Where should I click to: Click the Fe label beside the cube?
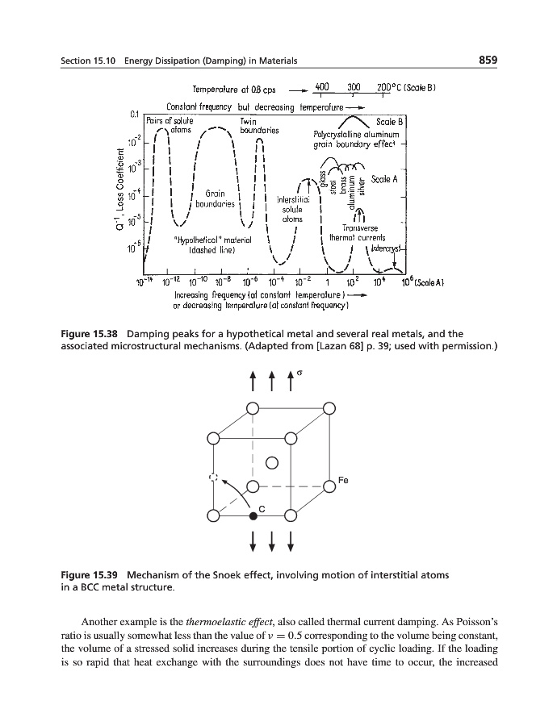[342, 480]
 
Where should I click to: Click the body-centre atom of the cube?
[272, 462]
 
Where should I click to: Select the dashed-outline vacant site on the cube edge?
[214, 478]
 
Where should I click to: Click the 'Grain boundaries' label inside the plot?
[214, 198]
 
